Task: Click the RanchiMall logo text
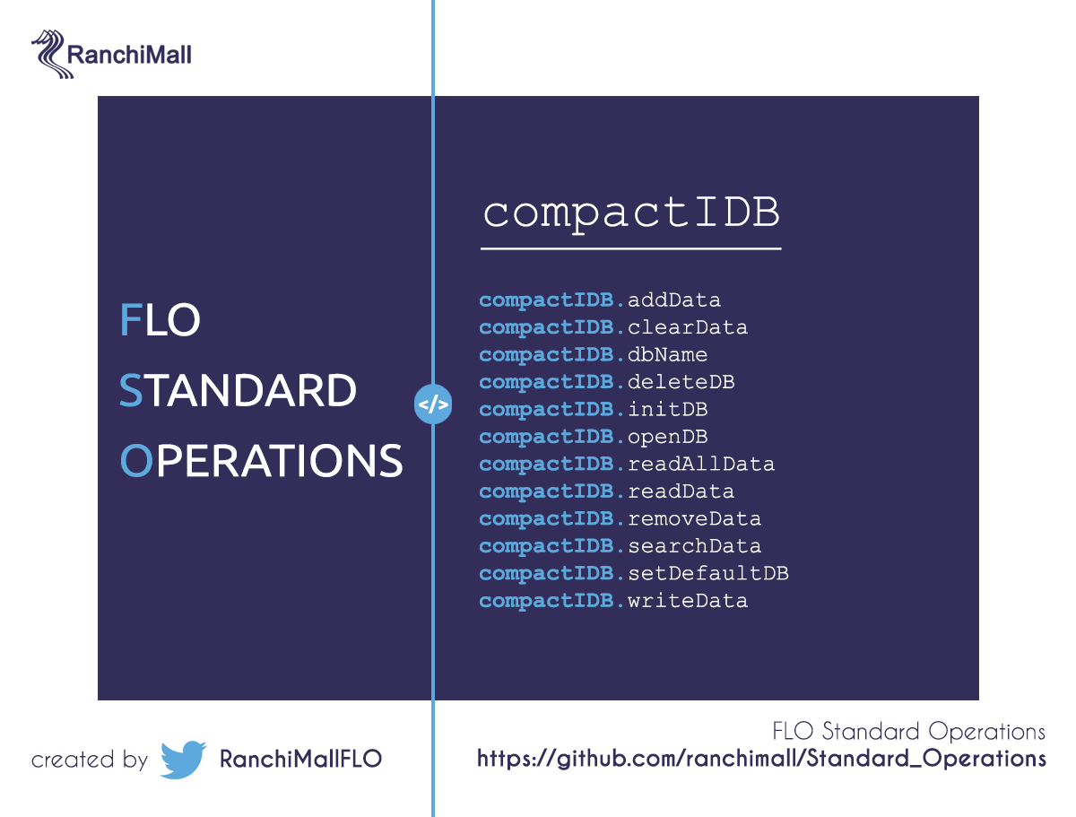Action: point(128,55)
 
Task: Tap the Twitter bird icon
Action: point(182,760)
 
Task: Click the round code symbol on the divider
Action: point(433,404)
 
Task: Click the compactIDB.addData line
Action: point(600,300)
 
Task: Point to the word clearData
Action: point(687,327)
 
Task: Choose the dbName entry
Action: point(667,354)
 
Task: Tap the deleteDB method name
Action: point(681,382)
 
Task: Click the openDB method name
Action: point(667,437)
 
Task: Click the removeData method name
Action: point(694,518)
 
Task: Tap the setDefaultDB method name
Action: point(707,573)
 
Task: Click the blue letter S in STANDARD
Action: point(131,390)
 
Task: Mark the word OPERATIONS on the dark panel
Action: point(261,461)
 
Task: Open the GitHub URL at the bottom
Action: point(761,759)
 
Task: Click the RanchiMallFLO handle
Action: point(300,759)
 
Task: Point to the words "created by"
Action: point(89,761)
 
